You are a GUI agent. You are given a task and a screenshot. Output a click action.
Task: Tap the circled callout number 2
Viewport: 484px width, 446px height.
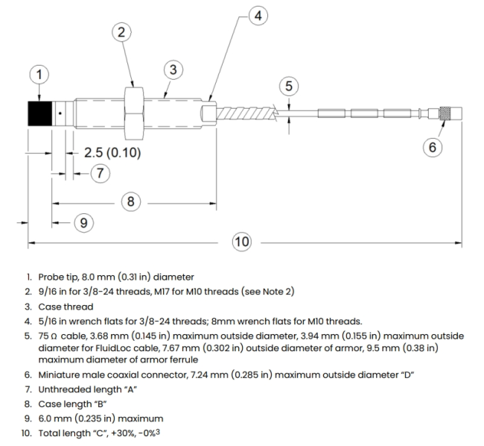click(x=121, y=31)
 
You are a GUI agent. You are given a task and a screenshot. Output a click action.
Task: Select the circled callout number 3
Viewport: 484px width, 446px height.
click(x=172, y=69)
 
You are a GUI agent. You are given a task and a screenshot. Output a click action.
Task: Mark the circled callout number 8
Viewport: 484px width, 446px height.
click(x=130, y=201)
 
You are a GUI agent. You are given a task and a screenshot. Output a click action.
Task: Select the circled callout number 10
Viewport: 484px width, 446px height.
click(x=242, y=242)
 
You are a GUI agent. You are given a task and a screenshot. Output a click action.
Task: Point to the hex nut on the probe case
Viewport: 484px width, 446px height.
click(x=133, y=113)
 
